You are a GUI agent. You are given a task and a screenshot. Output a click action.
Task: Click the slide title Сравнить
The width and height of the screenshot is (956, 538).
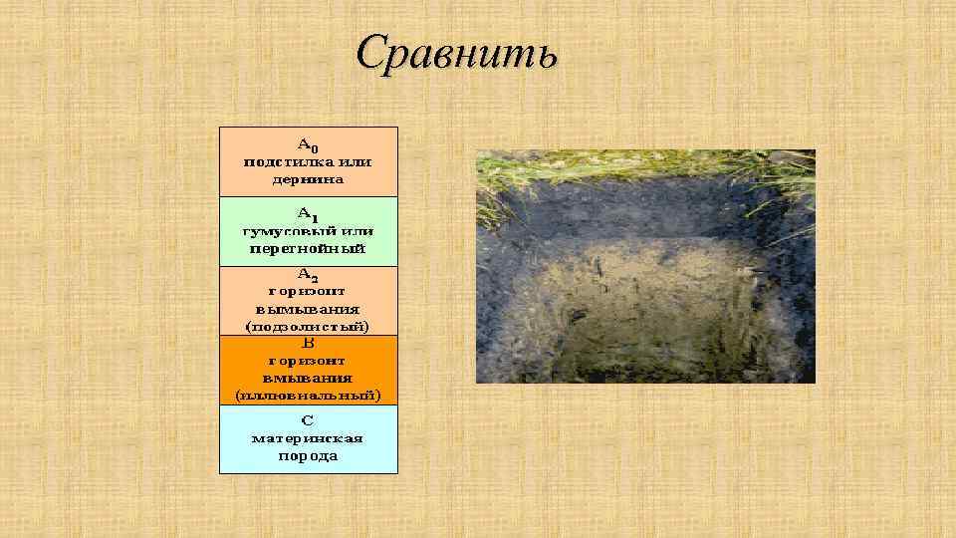(457, 53)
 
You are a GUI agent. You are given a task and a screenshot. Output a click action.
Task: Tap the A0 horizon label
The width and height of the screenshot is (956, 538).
(308, 142)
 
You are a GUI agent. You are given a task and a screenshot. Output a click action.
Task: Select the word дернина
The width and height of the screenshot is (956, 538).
(308, 179)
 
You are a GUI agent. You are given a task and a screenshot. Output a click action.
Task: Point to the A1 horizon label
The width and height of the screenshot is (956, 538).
(308, 213)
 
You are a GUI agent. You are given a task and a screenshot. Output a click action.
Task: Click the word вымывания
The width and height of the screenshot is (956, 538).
(308, 308)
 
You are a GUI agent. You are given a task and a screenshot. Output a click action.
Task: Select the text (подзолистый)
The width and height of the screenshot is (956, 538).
(308, 326)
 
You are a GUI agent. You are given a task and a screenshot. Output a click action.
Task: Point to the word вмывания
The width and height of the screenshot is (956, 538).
(308, 378)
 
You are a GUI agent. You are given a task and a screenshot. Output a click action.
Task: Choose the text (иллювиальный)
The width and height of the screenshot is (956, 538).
(308, 395)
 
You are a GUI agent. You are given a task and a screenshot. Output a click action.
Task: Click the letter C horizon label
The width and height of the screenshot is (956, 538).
(308, 419)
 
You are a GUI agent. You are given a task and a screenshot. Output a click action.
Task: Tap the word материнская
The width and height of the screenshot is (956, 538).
(308, 437)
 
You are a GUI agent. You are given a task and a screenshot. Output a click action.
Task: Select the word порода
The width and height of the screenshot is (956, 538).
(308, 455)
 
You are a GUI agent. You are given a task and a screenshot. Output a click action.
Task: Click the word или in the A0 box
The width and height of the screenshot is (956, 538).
(355, 160)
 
